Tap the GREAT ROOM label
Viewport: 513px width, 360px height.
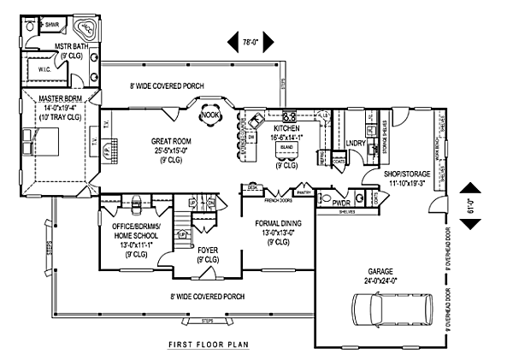point(170,141)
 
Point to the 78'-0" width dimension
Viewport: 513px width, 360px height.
point(250,39)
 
